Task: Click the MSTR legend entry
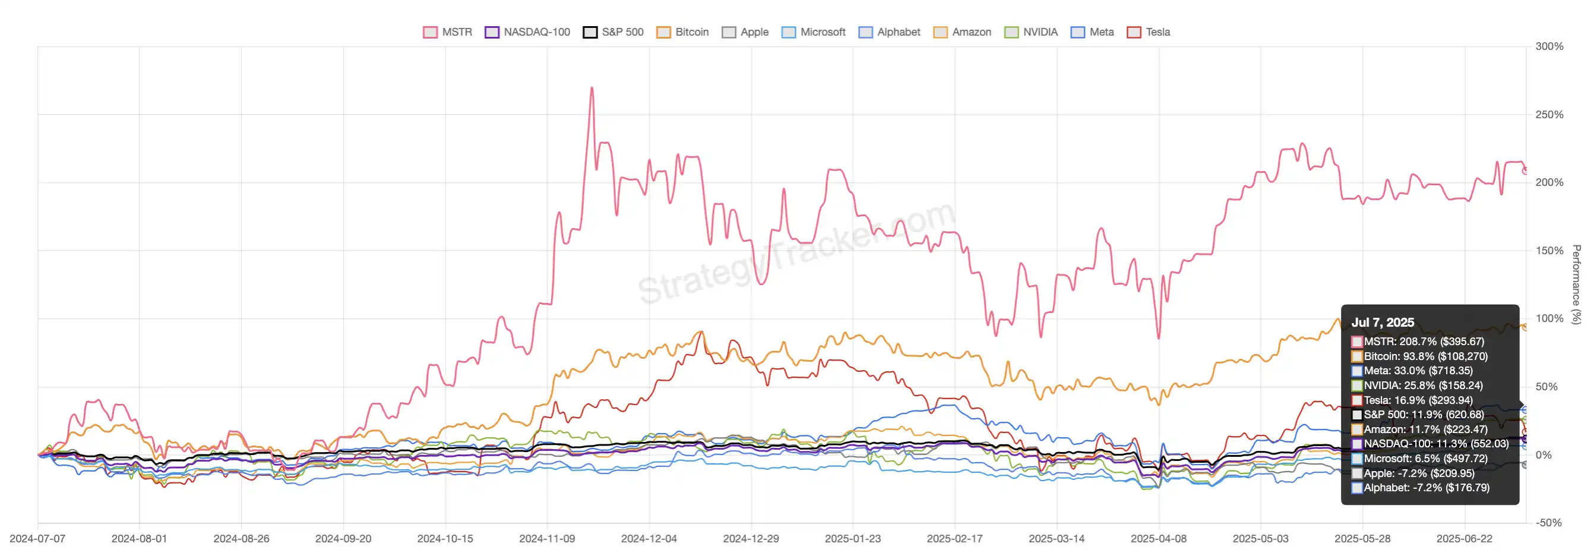point(447,32)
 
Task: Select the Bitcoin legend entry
point(682,32)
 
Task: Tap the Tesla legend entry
point(1149,32)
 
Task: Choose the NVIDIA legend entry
point(1031,32)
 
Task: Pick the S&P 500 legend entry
point(613,32)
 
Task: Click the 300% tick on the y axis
point(1549,46)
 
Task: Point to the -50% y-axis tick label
point(1549,523)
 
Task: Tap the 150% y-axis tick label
point(1549,251)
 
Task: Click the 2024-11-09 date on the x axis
point(547,539)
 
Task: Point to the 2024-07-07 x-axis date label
point(38,539)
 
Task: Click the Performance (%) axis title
point(1576,284)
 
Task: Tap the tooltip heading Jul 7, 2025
point(1383,323)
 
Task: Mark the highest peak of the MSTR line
point(592,88)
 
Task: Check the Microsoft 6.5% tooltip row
point(1425,459)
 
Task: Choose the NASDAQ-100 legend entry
point(527,32)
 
